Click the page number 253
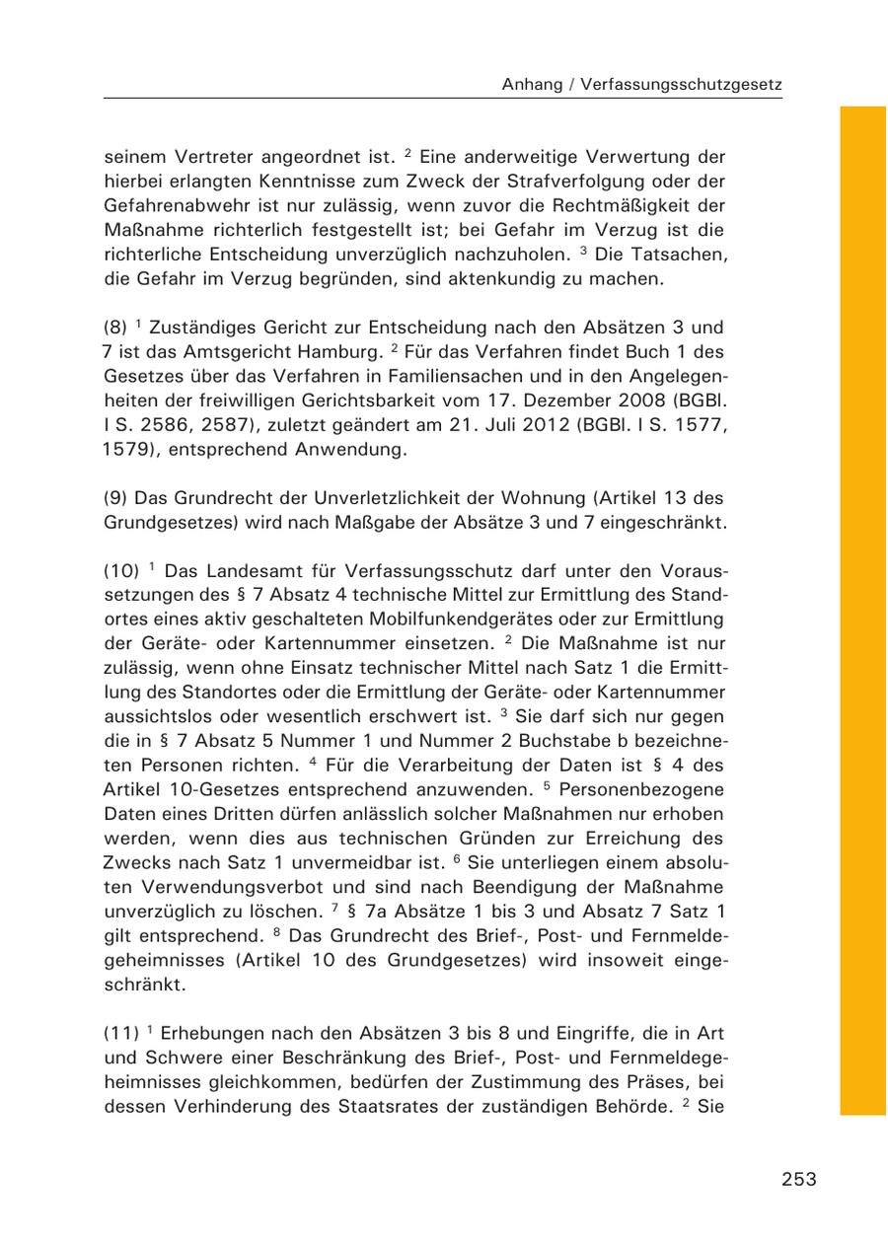tap(798, 1179)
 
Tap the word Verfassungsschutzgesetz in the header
tap(682, 85)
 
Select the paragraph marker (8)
tap(115, 328)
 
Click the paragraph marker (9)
tap(115, 498)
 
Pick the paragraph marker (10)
tap(120, 571)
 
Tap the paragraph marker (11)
tap(119, 1034)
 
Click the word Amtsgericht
tap(237, 352)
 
